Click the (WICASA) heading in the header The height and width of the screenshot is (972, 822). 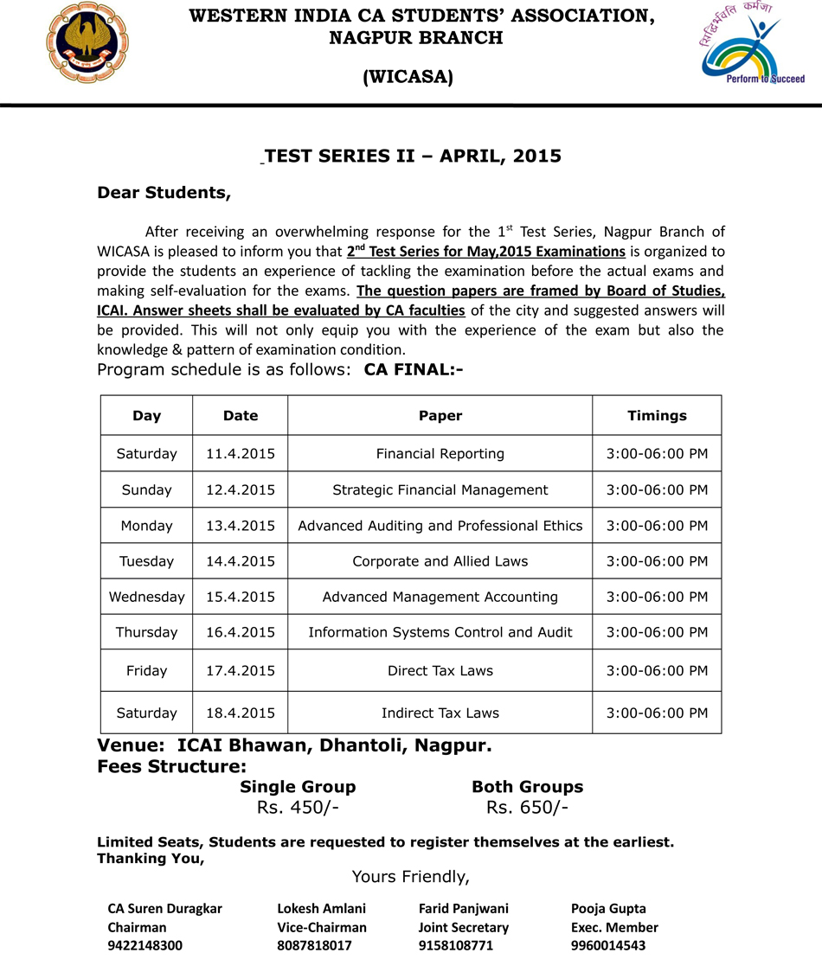point(408,78)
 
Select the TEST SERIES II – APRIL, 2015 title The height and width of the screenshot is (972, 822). point(414,157)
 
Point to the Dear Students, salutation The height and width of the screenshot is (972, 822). point(164,192)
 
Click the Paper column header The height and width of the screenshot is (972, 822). point(440,416)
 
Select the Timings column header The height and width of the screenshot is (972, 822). point(657,416)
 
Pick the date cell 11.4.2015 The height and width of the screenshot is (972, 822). point(241,454)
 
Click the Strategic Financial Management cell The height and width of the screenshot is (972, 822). point(440,490)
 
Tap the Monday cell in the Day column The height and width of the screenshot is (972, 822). point(146,526)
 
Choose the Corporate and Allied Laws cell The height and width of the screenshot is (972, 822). point(440,561)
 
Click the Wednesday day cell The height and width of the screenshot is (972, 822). point(146,597)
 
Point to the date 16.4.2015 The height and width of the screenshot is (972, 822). point(241,632)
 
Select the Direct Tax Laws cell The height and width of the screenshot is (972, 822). point(440,670)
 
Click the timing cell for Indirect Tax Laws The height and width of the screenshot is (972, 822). point(657,713)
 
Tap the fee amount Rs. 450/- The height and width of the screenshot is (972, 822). point(298,808)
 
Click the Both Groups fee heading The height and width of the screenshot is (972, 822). point(527,787)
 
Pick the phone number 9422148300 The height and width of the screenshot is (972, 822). point(145,946)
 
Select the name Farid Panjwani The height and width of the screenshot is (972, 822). point(464,909)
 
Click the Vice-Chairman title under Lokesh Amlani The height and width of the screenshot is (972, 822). point(322,927)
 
